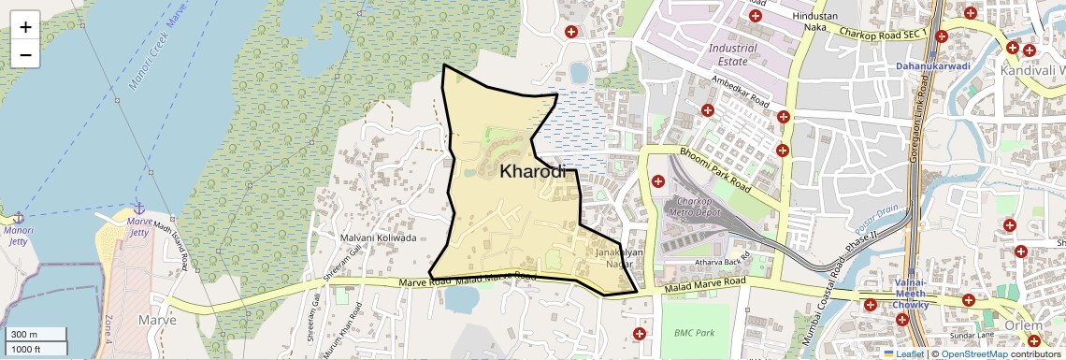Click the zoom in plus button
25,27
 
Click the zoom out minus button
25,54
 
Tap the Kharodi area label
534,172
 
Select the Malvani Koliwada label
378,238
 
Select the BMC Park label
694,332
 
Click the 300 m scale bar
36,335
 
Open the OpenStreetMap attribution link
973,353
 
